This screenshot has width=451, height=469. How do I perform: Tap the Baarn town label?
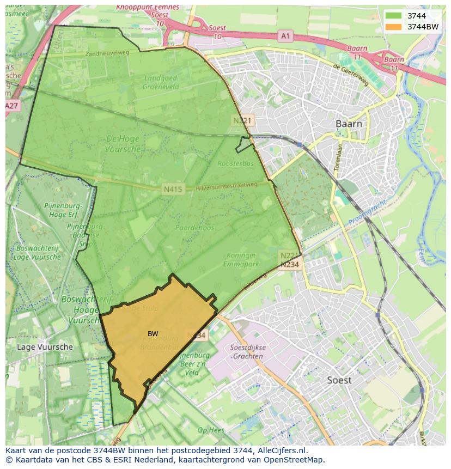point(349,124)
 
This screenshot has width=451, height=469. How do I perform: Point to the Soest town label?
point(339,380)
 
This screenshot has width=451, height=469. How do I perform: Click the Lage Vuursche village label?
point(45,346)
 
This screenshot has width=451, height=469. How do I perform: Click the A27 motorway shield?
point(12,106)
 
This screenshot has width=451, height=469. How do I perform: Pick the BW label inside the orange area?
point(153,333)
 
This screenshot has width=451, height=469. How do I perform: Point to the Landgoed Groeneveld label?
point(161,82)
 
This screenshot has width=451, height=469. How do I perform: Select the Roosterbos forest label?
point(236,163)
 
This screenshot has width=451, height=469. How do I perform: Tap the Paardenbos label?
point(194,228)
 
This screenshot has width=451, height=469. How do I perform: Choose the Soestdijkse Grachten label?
point(247,352)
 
